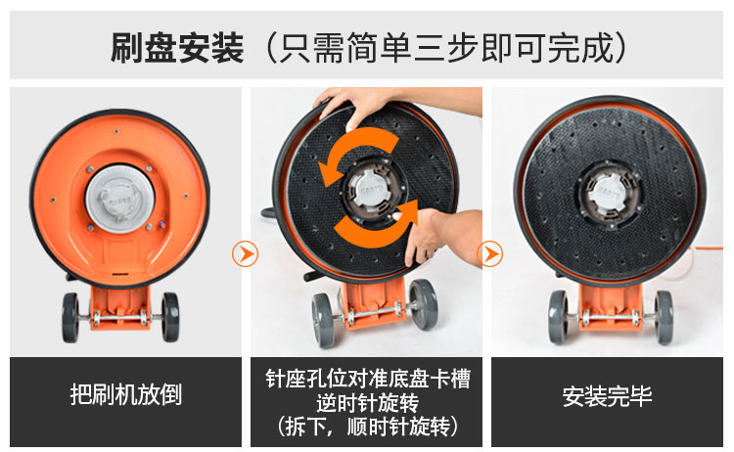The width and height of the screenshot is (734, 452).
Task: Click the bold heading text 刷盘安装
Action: click(x=177, y=48)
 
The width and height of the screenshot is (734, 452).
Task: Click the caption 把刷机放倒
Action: click(x=125, y=394)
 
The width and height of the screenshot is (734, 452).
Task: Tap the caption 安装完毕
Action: click(x=607, y=396)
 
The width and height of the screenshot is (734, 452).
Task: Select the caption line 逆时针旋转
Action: click(x=367, y=403)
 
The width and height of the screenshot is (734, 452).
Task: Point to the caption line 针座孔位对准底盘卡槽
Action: click(x=367, y=379)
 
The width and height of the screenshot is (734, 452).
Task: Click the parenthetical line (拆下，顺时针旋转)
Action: click(x=367, y=427)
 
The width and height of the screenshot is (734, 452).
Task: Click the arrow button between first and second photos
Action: click(x=245, y=254)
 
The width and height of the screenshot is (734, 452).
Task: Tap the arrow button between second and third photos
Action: click(x=489, y=254)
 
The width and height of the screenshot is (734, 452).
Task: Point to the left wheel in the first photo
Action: click(x=70, y=318)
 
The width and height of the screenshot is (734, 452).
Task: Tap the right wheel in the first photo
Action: click(x=170, y=317)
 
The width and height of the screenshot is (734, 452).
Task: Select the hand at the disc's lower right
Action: click(x=436, y=234)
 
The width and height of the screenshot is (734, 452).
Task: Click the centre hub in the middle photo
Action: click(x=370, y=191)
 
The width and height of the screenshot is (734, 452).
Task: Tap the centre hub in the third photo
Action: click(x=609, y=194)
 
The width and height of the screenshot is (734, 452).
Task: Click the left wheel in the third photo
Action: click(x=558, y=317)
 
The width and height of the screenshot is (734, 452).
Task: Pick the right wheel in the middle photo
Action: click(x=424, y=304)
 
